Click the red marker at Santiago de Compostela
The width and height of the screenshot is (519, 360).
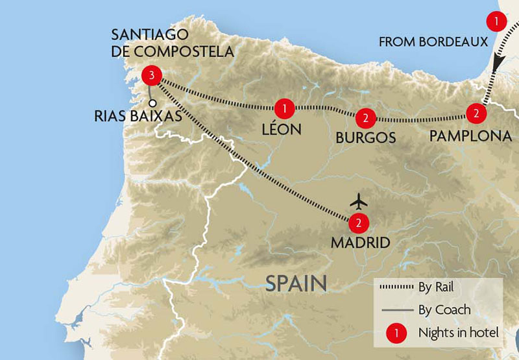pos(151,77)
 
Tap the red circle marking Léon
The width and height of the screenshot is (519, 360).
pos(284,107)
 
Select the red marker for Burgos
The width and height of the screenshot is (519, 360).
pos(365,118)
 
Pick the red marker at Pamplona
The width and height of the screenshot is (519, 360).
pos(476,114)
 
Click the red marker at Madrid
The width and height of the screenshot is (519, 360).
pos(357,223)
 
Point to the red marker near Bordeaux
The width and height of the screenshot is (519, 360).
pos(496,21)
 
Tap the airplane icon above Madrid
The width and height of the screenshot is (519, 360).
pos(357,199)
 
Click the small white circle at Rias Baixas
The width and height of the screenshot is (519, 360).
pos(152,102)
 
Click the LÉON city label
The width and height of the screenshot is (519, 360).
pos(282,129)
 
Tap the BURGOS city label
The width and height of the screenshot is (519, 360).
pos(365,138)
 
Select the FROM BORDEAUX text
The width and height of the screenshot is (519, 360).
pos(432,43)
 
